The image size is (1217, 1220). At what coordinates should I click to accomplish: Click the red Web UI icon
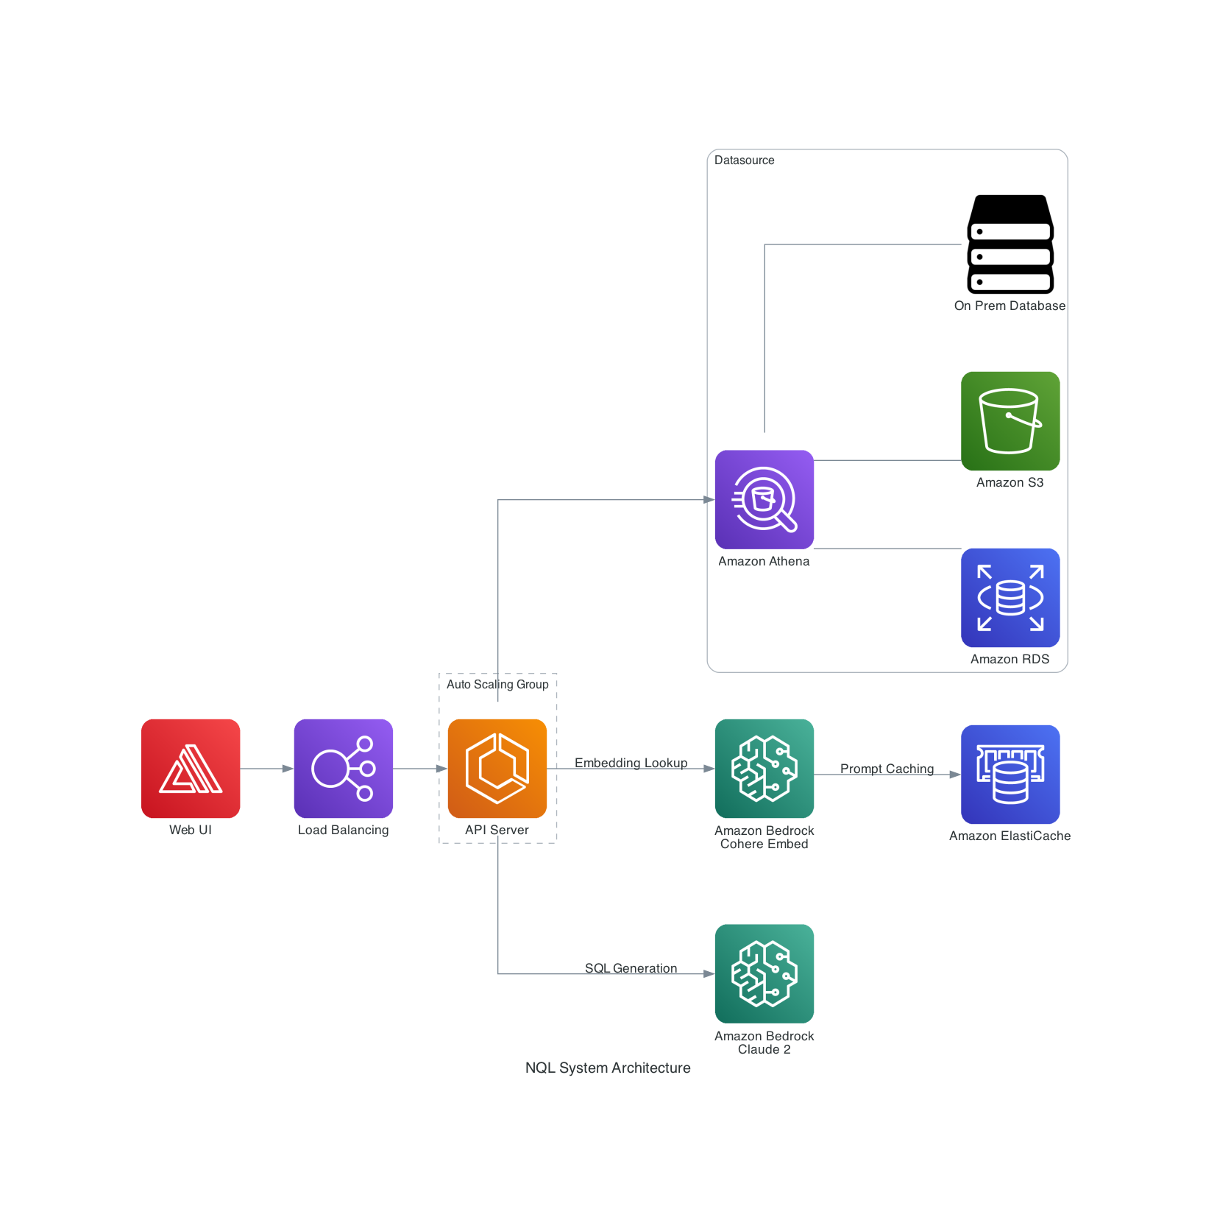[x=191, y=768]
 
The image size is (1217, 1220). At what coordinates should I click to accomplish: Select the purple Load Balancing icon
[x=343, y=768]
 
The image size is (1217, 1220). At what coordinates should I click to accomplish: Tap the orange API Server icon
[x=497, y=768]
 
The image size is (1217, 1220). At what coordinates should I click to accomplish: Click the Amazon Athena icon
[x=764, y=499]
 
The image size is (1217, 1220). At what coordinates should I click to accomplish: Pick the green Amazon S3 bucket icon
[x=1010, y=420]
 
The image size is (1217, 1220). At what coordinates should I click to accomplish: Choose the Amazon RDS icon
[x=1010, y=597]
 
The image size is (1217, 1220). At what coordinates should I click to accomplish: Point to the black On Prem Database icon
[x=1010, y=244]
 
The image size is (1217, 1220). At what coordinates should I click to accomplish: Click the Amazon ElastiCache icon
[x=1010, y=774]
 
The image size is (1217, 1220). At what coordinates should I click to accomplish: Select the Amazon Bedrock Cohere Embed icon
[x=764, y=768]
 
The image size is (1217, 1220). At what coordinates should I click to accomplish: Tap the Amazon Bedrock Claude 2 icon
[x=764, y=973]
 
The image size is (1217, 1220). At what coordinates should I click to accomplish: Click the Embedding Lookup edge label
[x=631, y=763]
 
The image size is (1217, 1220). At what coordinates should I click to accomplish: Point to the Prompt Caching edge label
[x=887, y=769]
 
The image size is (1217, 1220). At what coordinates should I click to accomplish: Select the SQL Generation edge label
[x=631, y=968]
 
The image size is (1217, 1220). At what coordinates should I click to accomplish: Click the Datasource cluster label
[x=744, y=161]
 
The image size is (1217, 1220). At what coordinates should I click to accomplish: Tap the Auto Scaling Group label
[x=497, y=684]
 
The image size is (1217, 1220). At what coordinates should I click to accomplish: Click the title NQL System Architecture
[x=608, y=1068]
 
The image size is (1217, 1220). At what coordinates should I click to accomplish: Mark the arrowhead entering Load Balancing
[x=288, y=769]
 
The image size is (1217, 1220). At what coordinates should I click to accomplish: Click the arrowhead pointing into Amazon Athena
[x=709, y=500]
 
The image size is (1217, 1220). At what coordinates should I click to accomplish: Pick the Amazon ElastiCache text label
[x=1010, y=836]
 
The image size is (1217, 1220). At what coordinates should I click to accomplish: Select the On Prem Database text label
[x=1010, y=306]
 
